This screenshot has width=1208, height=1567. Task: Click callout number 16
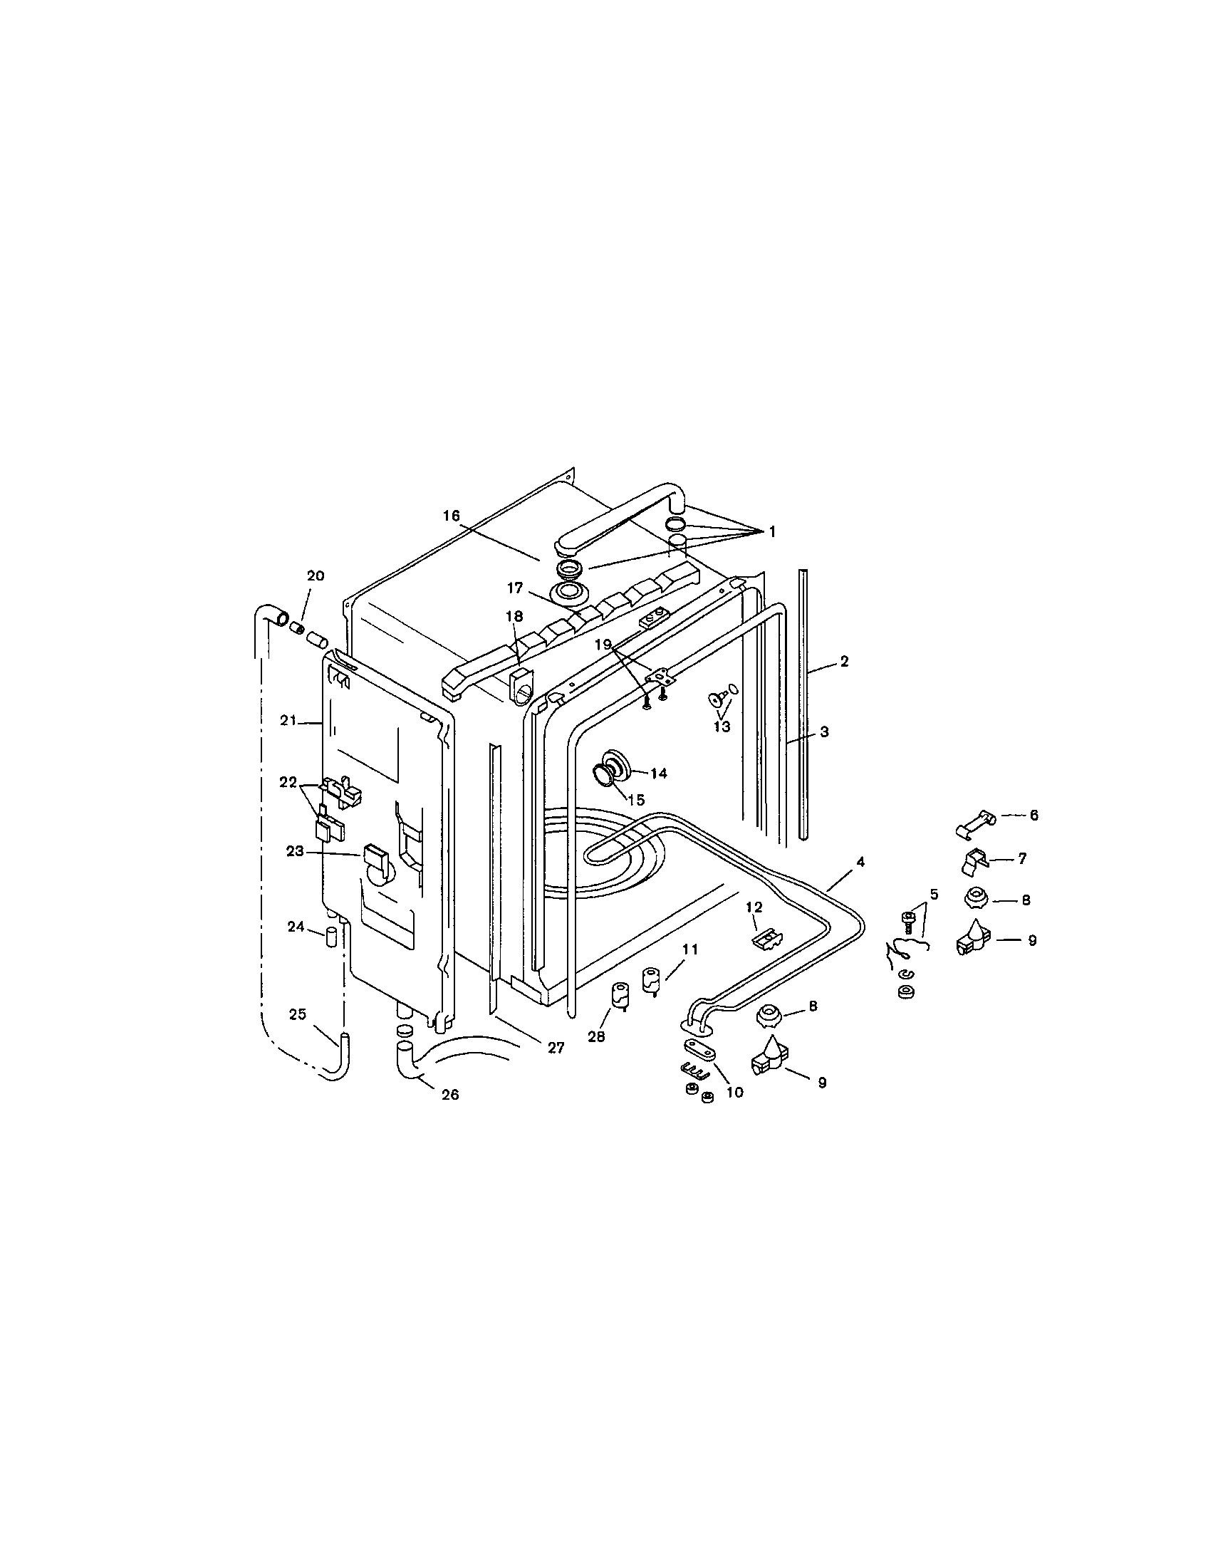click(450, 515)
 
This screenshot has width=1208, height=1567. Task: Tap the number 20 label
click(316, 576)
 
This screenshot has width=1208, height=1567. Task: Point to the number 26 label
click(449, 1094)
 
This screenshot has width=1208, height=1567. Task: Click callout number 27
click(556, 1048)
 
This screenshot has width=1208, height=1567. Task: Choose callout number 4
click(860, 861)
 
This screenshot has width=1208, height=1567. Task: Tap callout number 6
click(1033, 815)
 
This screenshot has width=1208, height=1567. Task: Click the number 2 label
click(844, 662)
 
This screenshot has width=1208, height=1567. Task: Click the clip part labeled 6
click(977, 821)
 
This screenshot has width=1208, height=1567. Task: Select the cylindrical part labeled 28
click(618, 995)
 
